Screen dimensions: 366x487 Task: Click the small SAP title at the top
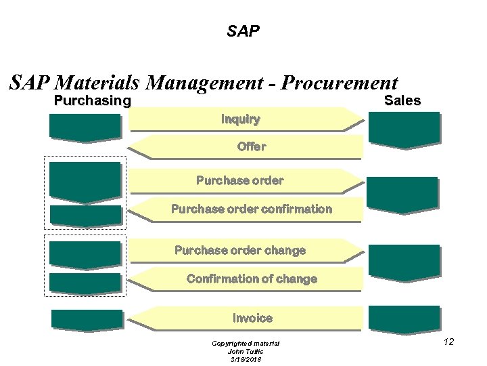243,31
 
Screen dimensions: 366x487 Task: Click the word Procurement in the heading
339,83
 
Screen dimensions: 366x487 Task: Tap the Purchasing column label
92,101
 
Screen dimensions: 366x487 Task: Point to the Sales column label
402,101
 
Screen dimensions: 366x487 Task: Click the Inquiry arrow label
240,119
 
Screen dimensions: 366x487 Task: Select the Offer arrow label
252,146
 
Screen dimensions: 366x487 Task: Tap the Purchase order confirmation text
251,209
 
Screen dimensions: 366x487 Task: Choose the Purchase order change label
240,250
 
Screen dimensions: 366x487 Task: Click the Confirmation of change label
251,279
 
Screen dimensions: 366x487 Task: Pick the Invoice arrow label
252,318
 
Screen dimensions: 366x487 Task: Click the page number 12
448,342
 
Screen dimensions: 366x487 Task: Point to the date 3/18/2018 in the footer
246,359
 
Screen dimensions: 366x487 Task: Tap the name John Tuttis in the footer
246,351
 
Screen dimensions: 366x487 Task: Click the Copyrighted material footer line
246,344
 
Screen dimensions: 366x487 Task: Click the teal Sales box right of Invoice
403,319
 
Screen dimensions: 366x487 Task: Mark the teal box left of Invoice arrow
87,319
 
